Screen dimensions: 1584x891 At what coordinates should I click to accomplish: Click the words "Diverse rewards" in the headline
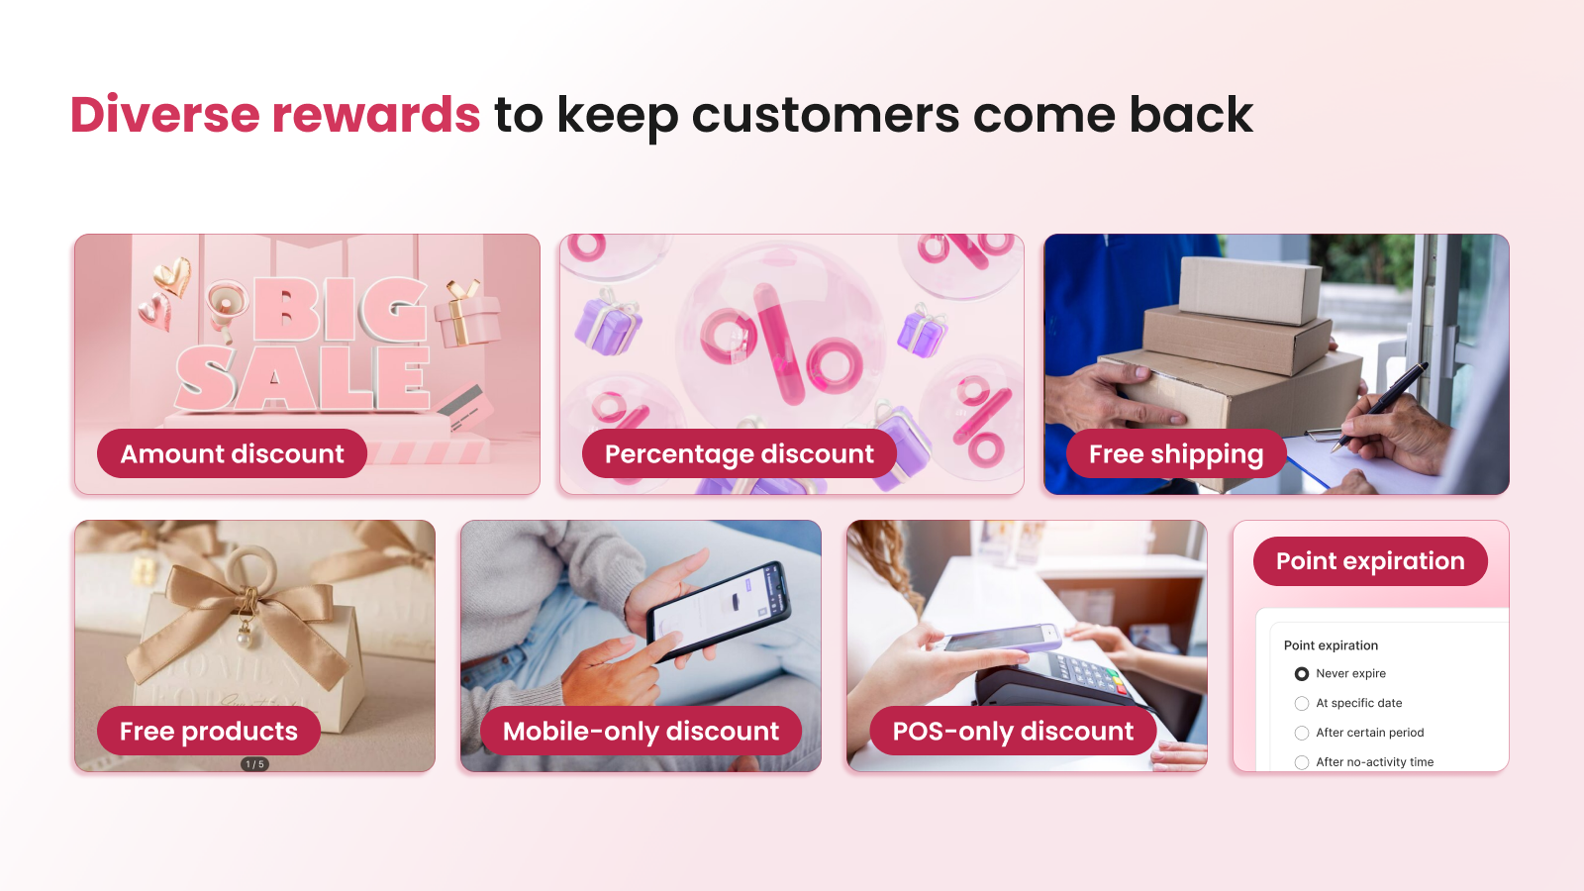[x=275, y=115]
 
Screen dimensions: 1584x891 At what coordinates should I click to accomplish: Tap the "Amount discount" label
[x=232, y=453]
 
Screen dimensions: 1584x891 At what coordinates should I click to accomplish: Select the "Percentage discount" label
[x=739, y=453]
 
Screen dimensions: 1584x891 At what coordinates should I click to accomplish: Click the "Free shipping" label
[x=1176, y=453]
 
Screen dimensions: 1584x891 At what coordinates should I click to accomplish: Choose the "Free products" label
[x=209, y=731]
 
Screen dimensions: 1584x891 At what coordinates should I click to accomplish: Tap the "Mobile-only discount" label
[x=641, y=731]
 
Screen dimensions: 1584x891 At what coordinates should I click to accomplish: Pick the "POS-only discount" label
[x=1013, y=731]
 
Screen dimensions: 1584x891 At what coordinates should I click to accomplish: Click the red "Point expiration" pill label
[x=1370, y=560]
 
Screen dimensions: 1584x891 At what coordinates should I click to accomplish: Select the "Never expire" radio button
[x=1301, y=674]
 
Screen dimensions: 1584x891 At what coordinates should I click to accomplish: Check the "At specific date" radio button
[x=1301, y=704]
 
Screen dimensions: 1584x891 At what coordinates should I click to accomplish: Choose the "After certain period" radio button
[x=1301, y=734]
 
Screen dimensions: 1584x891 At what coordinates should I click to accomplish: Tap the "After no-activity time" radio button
[x=1301, y=762]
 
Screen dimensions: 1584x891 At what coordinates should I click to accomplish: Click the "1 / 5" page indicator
[x=254, y=764]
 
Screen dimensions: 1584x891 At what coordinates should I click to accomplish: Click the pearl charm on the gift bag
[x=245, y=640]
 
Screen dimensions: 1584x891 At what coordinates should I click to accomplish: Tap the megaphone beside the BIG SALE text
[x=227, y=309]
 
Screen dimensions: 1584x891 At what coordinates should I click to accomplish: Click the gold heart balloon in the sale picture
[x=173, y=275]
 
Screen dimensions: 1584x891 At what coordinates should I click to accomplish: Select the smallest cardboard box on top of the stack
[x=1250, y=290]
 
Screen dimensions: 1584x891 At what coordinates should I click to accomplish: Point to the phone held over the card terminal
[x=1000, y=638]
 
